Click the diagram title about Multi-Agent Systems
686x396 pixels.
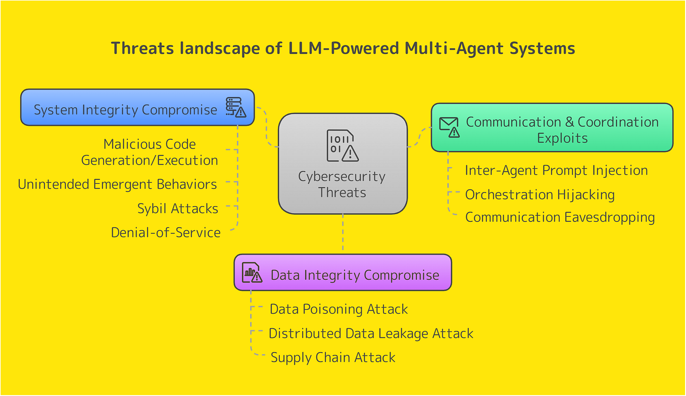(342, 48)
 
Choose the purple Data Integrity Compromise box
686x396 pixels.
(354, 274)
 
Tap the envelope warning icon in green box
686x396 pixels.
(449, 127)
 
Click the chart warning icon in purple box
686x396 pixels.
(252, 272)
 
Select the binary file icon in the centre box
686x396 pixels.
(342, 145)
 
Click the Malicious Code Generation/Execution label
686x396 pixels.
(150, 152)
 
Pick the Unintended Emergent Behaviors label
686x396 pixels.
(117, 184)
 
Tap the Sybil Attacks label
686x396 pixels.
(178, 209)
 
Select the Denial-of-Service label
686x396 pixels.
(166, 232)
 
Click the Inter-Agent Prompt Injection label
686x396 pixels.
(556, 170)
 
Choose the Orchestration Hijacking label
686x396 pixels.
(540, 194)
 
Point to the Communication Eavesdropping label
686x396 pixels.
(560, 217)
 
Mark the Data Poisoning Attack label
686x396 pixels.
(338, 309)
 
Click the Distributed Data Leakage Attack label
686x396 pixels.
(371, 333)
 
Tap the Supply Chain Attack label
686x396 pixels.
(333, 358)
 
